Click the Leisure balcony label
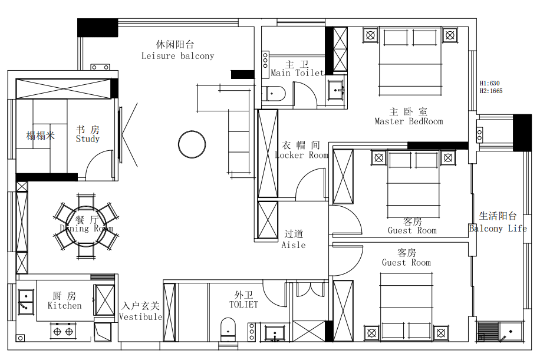pos(177,56)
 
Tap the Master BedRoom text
pos(409,121)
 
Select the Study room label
pos(87,138)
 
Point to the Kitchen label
pos(65,306)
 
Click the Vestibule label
pos(140,316)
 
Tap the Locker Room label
pos(302,155)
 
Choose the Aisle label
pos(294,245)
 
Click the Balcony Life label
pos(498,229)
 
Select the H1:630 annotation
pos(489,83)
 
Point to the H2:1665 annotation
pos(491,91)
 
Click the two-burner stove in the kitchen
pos(63,331)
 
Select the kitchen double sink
pos(26,302)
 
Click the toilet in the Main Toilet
pos(274,94)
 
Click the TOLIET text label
pos(243,305)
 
